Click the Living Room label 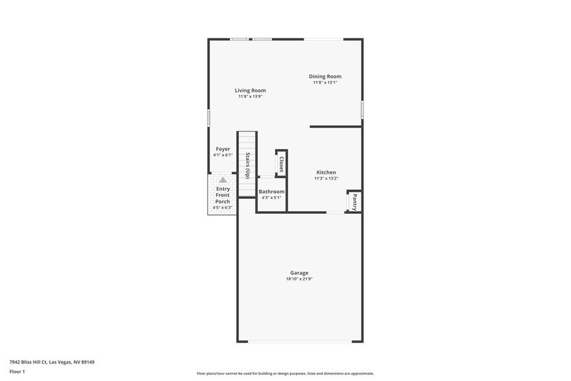pyautogui.click(x=250, y=91)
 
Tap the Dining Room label pyautogui.click(x=325, y=76)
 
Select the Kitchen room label pyautogui.click(x=326, y=172)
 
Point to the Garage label pyautogui.click(x=299, y=273)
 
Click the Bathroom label pyautogui.click(x=271, y=192)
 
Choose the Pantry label pyautogui.click(x=355, y=202)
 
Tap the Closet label pyautogui.click(x=282, y=163)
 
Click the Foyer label pyautogui.click(x=223, y=149)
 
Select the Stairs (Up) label pyautogui.click(x=247, y=165)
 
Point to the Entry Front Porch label pyautogui.click(x=223, y=195)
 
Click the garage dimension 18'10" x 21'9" pyautogui.click(x=299, y=279)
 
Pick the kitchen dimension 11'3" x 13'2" pyautogui.click(x=326, y=179)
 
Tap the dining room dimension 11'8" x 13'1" pyautogui.click(x=325, y=83)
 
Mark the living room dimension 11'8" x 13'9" pyautogui.click(x=250, y=97)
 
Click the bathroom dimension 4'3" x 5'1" pyautogui.click(x=271, y=198)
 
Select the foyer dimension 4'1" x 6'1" pyautogui.click(x=223, y=156)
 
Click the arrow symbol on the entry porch pyautogui.click(x=223, y=180)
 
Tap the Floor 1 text pyautogui.click(x=17, y=371)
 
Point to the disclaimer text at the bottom pyautogui.click(x=285, y=374)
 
